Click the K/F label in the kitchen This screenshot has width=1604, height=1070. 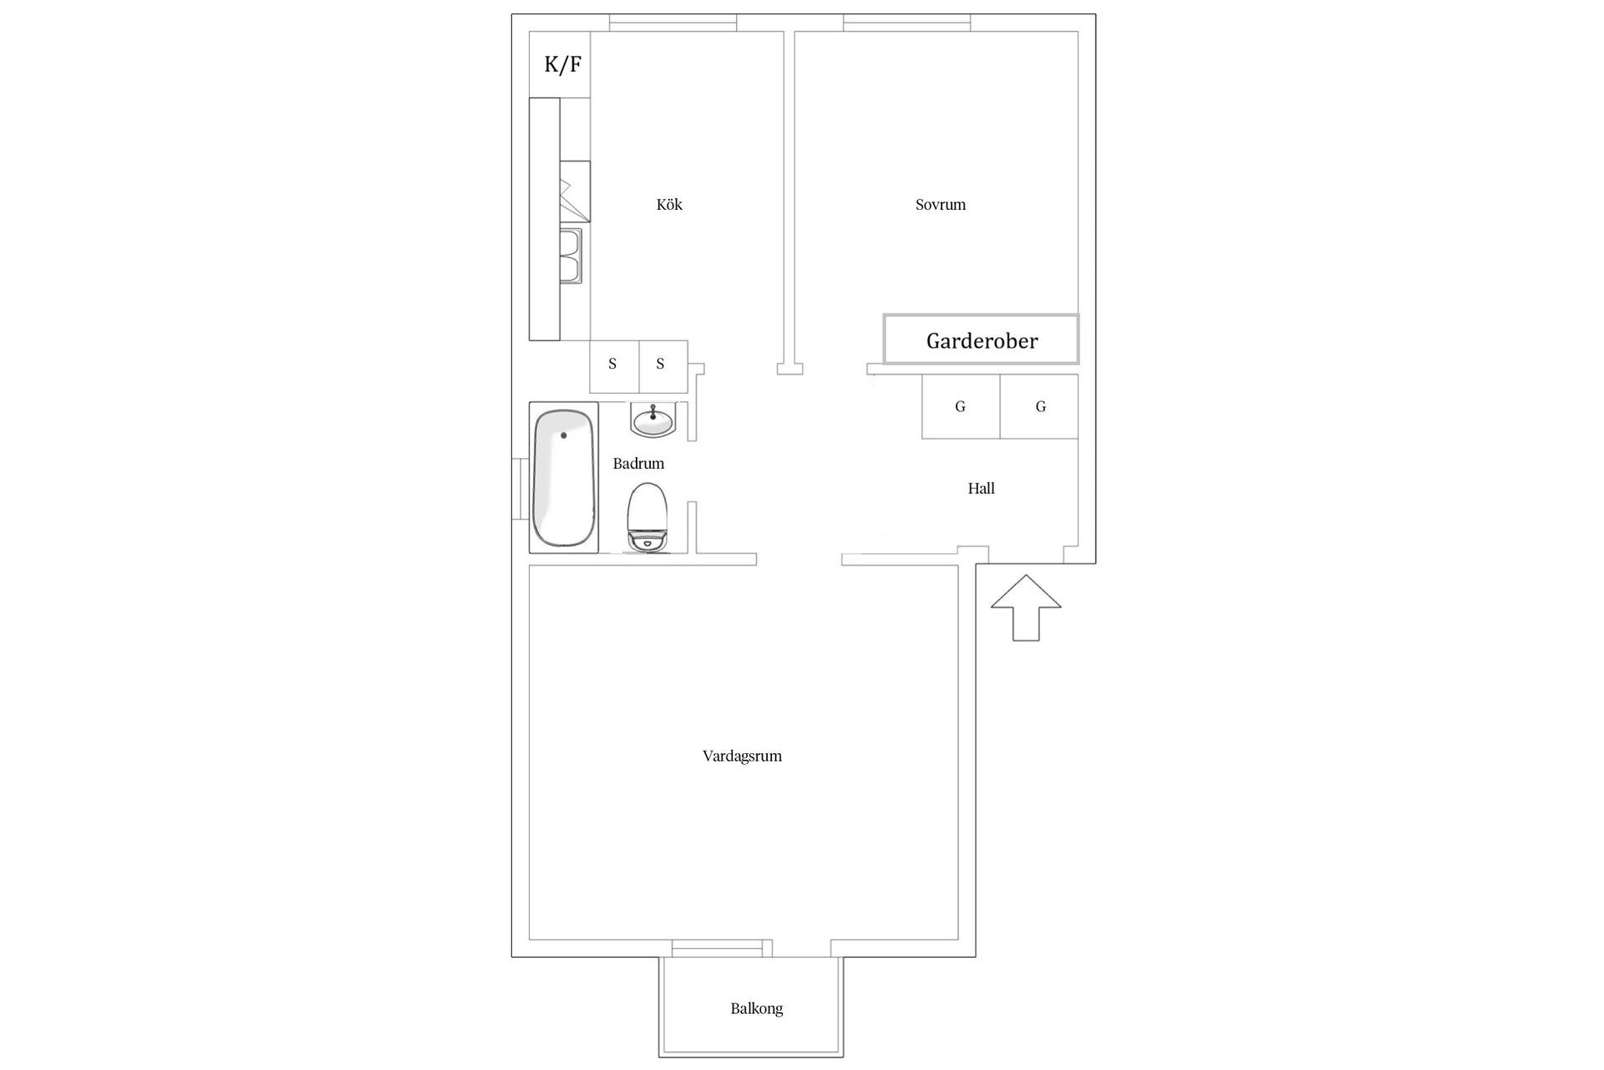(x=562, y=64)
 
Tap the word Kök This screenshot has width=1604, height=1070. (x=669, y=205)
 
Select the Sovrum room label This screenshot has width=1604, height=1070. (x=940, y=205)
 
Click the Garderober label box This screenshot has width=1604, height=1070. (x=982, y=340)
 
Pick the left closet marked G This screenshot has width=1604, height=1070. (x=961, y=407)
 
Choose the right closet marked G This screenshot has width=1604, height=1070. (x=1040, y=407)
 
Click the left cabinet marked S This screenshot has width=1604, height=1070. (x=613, y=364)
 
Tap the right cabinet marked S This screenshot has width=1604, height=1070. (x=661, y=364)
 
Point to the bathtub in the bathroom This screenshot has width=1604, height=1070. (x=564, y=478)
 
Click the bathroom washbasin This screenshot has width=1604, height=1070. (x=652, y=420)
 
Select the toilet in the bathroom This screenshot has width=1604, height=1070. (x=647, y=517)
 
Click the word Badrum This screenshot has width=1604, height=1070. (x=638, y=464)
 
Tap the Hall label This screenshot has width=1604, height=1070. (x=981, y=489)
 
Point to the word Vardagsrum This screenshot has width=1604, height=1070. (x=742, y=757)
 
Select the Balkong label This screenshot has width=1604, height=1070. (x=756, y=1009)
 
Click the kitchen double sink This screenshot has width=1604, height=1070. (x=571, y=256)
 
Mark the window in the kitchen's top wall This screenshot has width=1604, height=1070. (x=673, y=23)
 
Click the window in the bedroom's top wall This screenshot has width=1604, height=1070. (x=906, y=23)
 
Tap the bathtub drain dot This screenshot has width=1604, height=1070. (x=564, y=436)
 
